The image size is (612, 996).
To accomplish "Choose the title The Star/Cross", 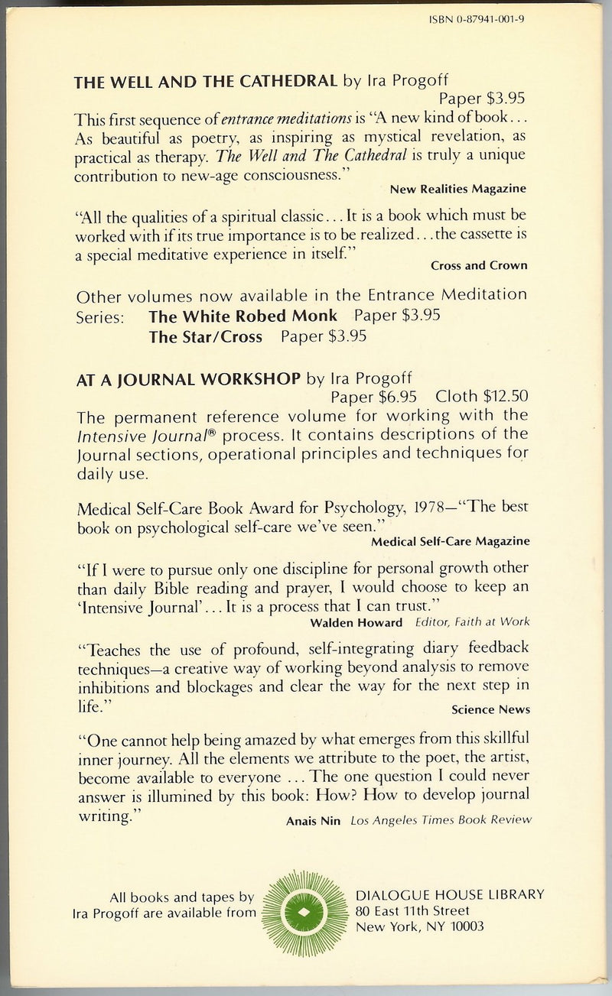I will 206,336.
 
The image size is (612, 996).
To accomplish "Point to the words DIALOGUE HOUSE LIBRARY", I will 451,894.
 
